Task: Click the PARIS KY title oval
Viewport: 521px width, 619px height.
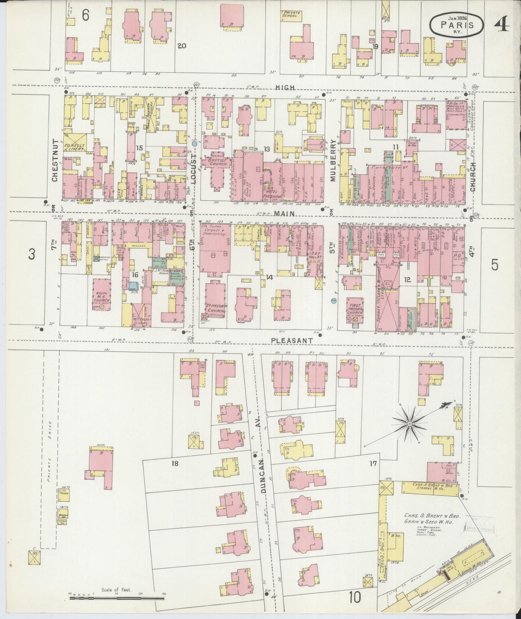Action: pos(456,25)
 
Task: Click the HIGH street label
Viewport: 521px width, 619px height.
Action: pos(285,88)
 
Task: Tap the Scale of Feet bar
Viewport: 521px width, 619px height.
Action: pos(115,598)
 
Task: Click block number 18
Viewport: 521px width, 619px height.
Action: pos(175,463)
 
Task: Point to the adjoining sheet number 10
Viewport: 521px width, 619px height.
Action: pos(354,597)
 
